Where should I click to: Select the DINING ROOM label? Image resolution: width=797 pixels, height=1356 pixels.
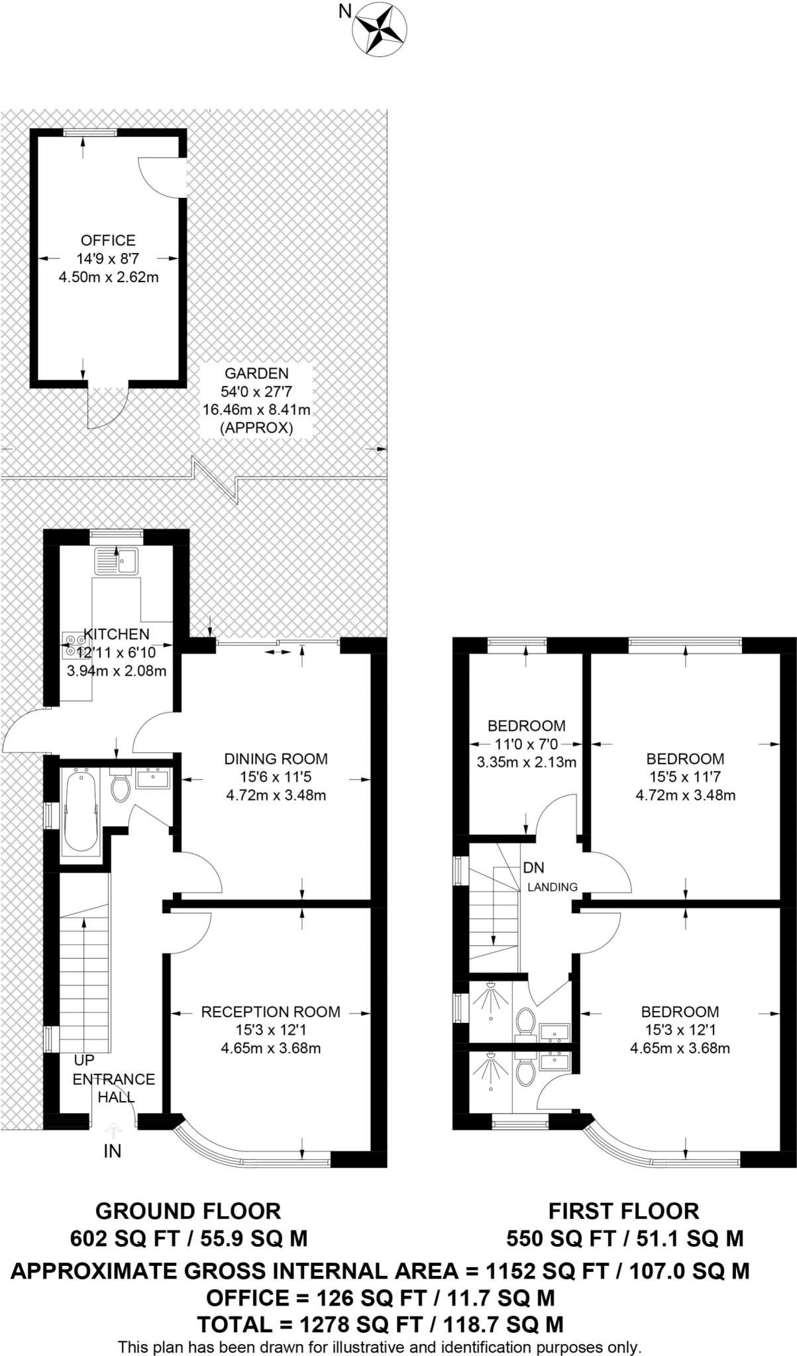click(276, 759)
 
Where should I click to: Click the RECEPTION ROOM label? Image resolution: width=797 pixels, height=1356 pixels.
click(271, 1012)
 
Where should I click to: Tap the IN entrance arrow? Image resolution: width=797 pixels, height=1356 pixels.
click(113, 1132)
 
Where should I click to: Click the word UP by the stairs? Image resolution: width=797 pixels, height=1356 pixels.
click(84, 1060)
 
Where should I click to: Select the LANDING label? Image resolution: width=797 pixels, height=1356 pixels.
click(553, 887)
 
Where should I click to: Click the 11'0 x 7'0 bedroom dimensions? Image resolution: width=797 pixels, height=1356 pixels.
click(527, 744)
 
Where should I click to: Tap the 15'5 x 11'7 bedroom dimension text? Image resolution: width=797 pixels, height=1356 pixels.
click(686, 777)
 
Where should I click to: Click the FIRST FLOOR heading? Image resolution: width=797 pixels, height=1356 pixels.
click(623, 1211)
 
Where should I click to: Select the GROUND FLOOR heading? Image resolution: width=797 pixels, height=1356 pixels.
click(188, 1211)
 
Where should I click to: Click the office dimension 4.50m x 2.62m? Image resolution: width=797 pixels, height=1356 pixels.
click(109, 277)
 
